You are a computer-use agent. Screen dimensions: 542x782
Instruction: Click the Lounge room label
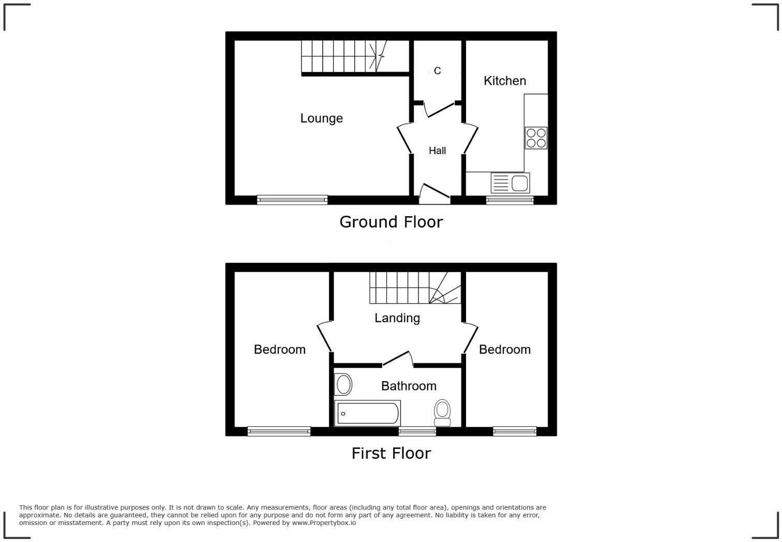[x=321, y=118]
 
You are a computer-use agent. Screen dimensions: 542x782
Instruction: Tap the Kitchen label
[x=505, y=81]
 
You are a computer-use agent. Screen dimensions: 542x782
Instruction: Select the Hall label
[x=437, y=150]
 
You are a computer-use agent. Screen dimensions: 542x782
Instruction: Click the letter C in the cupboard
[x=438, y=71]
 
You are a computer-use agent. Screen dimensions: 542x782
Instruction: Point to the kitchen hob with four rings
[x=536, y=138]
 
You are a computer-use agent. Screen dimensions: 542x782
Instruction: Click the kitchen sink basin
[x=519, y=183]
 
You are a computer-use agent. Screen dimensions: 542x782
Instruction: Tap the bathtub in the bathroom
[x=368, y=413]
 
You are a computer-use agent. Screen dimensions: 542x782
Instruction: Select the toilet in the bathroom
[x=442, y=410]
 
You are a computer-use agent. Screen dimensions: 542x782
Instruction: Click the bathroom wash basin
[x=343, y=385]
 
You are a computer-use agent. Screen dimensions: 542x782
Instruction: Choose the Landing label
[x=397, y=318]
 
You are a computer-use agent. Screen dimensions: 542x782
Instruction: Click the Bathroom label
[x=409, y=386]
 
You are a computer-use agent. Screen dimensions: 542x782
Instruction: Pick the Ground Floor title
[x=391, y=222]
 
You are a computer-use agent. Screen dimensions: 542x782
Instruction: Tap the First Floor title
[x=391, y=453]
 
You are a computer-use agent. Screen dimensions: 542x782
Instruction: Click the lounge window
[x=292, y=200]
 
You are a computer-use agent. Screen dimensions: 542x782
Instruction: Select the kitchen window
[x=509, y=200]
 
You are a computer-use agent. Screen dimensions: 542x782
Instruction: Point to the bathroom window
[x=417, y=431]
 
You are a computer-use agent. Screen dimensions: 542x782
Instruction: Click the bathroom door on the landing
[x=397, y=358]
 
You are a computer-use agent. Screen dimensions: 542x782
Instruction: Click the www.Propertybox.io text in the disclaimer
[x=324, y=523]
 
